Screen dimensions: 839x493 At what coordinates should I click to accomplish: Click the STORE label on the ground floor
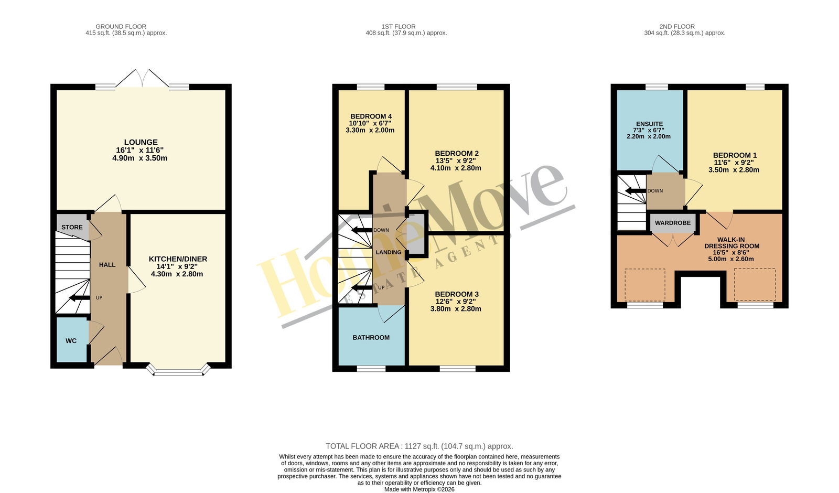[x=72, y=227]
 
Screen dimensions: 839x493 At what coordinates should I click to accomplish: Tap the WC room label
[x=71, y=340]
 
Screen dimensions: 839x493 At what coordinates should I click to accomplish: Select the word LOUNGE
[x=141, y=142]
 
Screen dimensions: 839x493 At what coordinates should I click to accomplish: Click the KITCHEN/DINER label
[x=178, y=259]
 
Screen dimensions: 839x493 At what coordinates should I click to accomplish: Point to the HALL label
[x=107, y=265]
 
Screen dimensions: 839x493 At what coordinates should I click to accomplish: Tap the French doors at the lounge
[x=142, y=79]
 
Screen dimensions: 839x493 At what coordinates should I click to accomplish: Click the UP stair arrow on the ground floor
[x=79, y=298]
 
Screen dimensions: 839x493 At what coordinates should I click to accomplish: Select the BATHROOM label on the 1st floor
[x=371, y=338]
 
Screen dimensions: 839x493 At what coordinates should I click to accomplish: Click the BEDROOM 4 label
[x=371, y=116]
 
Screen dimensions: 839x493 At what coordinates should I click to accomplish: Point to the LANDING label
[x=389, y=252]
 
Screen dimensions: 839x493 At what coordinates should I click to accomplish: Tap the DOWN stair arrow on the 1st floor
[x=362, y=230]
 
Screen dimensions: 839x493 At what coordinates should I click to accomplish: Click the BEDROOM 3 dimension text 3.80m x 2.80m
[x=456, y=309]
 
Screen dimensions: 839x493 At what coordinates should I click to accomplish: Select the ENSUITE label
[x=650, y=124]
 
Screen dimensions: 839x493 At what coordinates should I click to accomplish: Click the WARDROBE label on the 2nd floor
[x=673, y=223]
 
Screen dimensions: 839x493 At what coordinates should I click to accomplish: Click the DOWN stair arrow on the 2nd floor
[x=636, y=191]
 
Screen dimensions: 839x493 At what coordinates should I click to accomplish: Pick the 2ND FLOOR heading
[x=677, y=27]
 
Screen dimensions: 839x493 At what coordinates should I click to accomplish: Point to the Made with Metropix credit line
[x=419, y=489]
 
